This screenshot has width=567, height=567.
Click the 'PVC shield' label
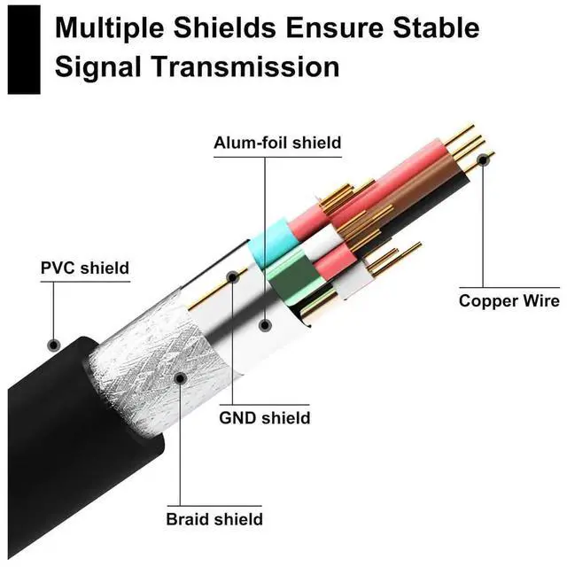(85, 268)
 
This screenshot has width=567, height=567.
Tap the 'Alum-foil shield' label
(277, 143)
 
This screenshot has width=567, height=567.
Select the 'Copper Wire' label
(509, 301)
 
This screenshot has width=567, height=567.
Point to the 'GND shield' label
(265, 416)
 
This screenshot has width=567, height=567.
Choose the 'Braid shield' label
(214, 519)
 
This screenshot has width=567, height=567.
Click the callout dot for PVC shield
(53, 344)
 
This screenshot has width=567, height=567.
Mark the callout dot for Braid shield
(180, 378)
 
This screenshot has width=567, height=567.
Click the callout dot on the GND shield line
(232, 277)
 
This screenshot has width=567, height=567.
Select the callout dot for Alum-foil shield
(264, 325)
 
